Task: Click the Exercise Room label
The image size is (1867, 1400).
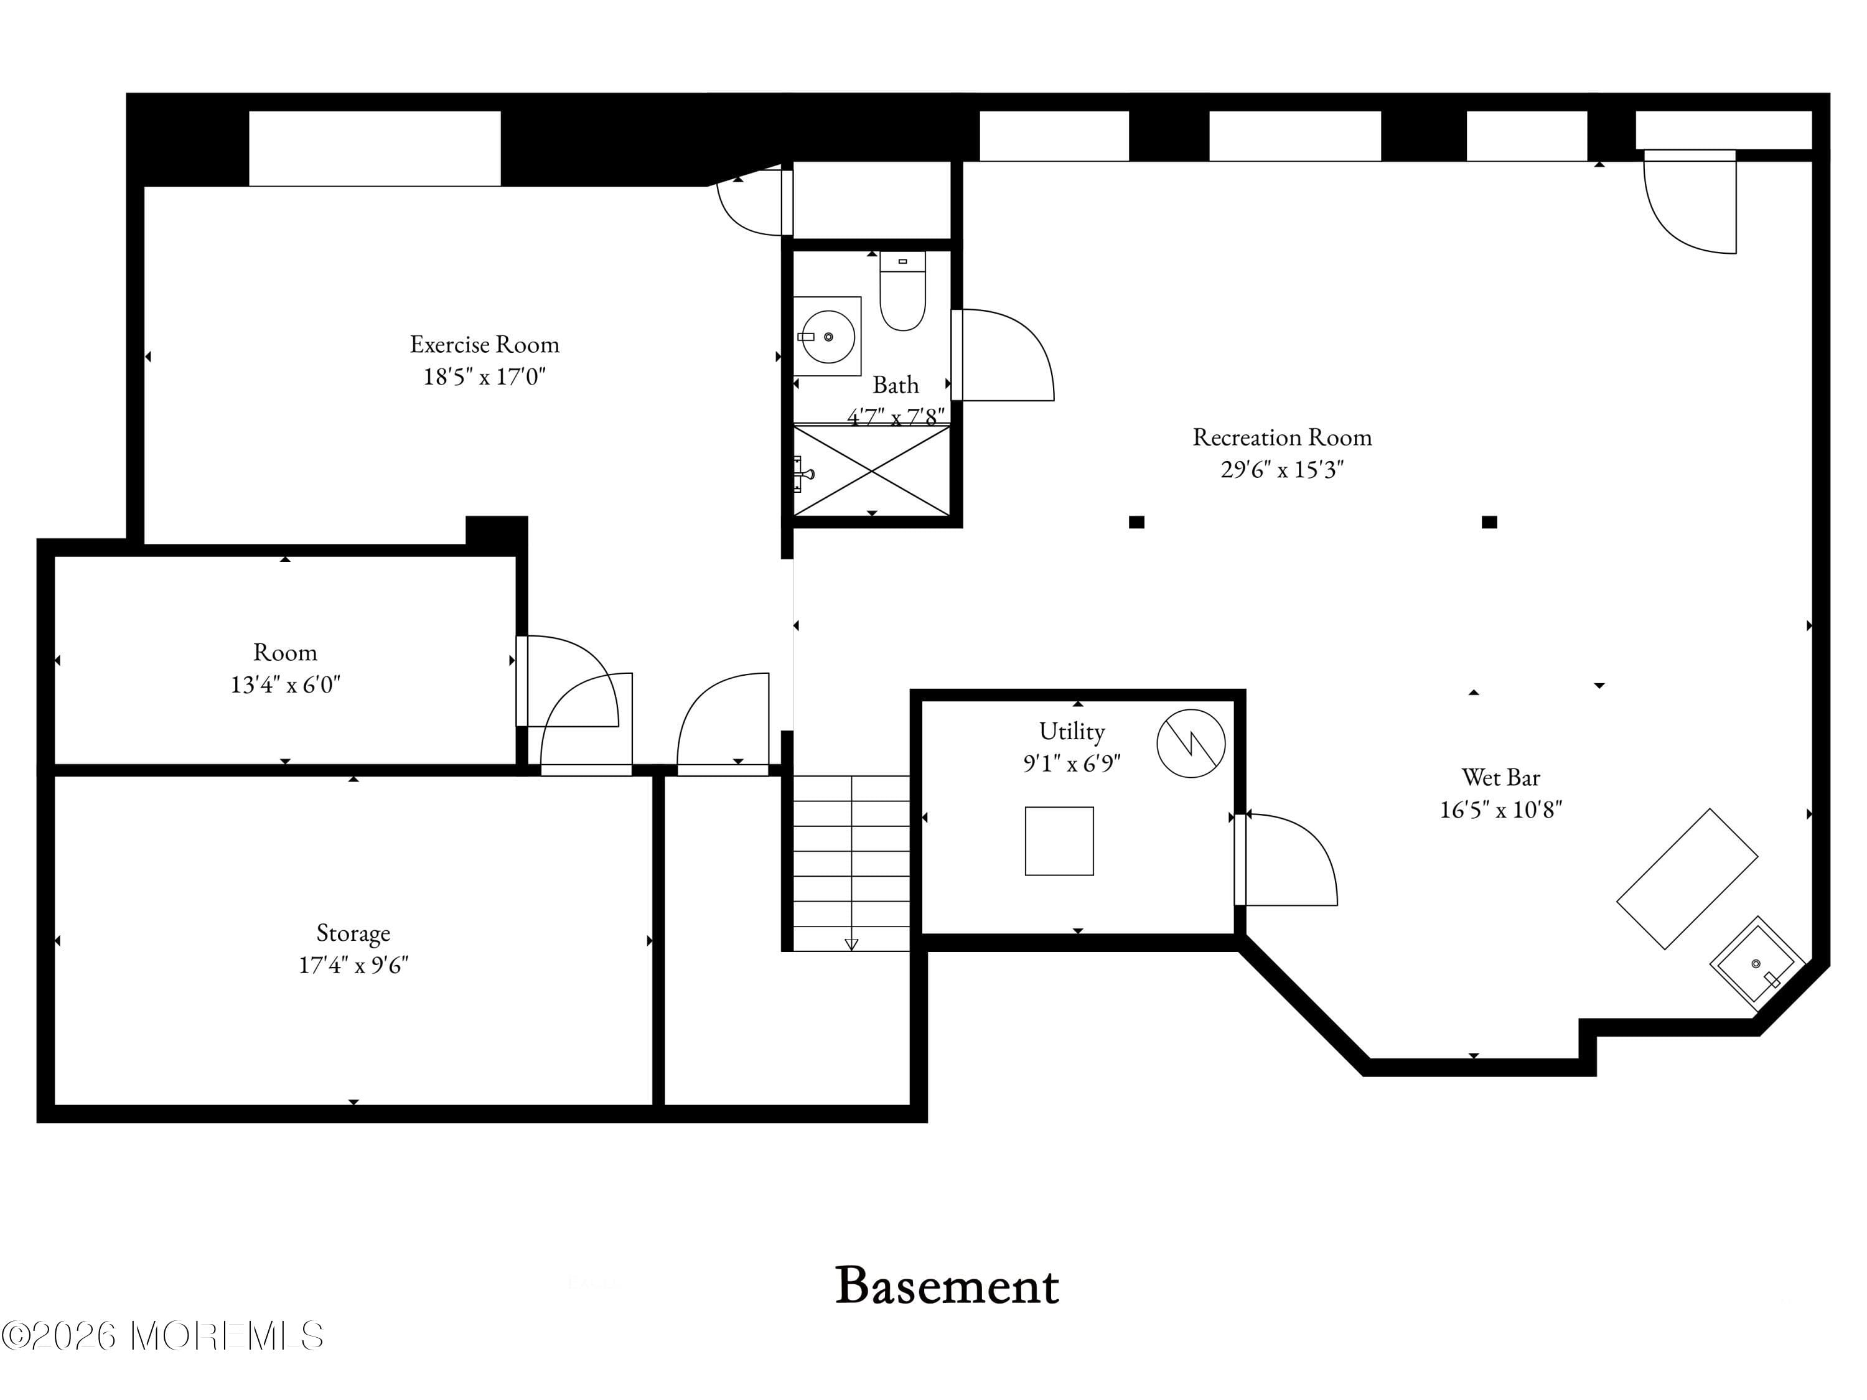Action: (x=484, y=344)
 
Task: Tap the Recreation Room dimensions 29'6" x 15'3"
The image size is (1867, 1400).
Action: (x=1281, y=469)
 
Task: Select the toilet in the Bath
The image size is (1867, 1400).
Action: (x=902, y=292)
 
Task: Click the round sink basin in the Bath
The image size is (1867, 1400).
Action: (x=828, y=337)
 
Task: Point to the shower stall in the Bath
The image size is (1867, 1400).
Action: (x=872, y=471)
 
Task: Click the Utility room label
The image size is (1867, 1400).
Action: (x=1071, y=731)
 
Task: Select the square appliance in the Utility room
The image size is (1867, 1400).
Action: (x=1059, y=841)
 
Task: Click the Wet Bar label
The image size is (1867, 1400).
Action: (x=1500, y=777)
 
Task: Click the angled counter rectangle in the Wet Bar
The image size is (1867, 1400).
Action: (x=1687, y=879)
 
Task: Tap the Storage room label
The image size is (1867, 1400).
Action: (x=353, y=933)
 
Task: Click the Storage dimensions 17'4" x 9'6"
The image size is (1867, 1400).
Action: (x=353, y=964)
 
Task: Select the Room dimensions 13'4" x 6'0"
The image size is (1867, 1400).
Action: (x=285, y=684)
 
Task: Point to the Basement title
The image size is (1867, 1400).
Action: (x=947, y=1286)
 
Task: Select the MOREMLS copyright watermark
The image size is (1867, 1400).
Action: (x=162, y=1336)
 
